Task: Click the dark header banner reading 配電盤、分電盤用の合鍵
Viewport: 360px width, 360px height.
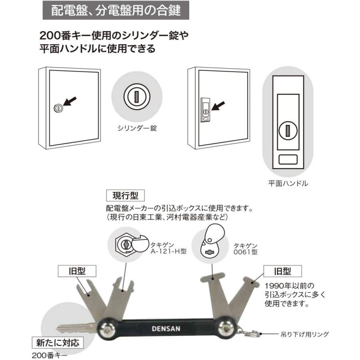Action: point(116,10)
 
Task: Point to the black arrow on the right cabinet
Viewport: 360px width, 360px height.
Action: point(219,107)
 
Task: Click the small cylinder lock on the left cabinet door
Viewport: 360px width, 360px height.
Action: point(58,108)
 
